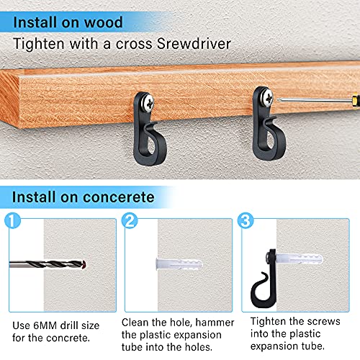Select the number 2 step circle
[132, 220]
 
